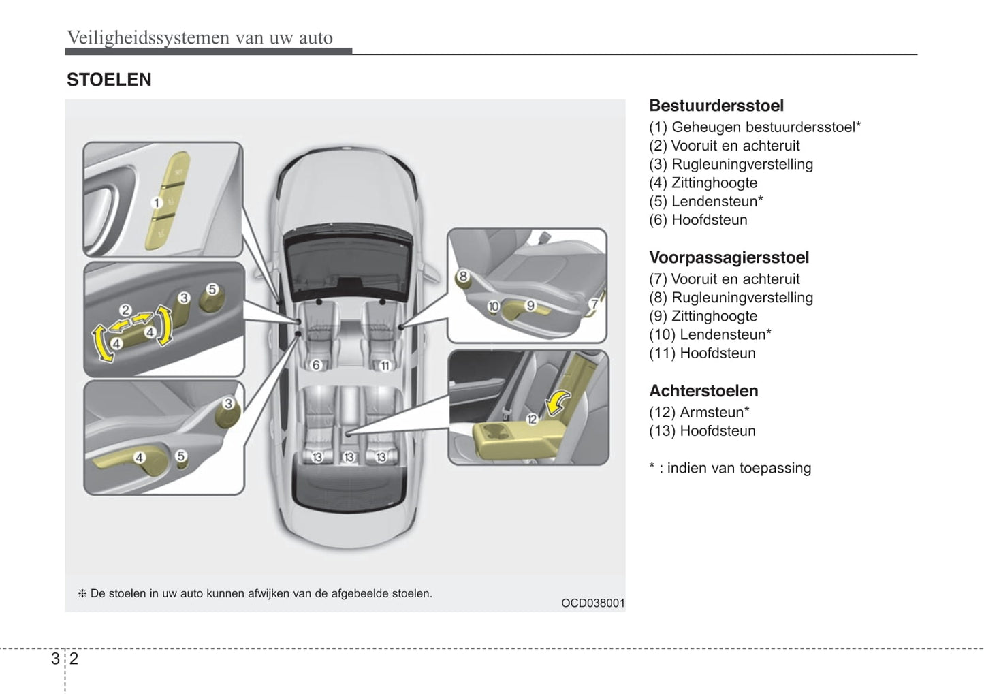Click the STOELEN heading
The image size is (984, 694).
point(109,80)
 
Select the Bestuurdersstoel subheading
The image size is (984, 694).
point(716,106)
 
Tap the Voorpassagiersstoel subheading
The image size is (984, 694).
point(729,257)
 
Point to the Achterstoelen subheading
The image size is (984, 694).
point(703,391)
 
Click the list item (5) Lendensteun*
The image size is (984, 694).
point(705,202)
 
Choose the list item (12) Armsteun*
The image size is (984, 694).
point(699,413)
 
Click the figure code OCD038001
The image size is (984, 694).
point(592,603)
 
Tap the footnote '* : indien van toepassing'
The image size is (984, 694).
point(730,468)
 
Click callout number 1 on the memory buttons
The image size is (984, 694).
point(156,202)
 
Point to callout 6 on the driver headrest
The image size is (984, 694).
point(316,365)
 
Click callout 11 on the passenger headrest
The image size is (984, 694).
point(385,366)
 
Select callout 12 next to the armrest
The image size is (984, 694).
point(532,420)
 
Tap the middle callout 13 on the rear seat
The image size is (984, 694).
point(349,457)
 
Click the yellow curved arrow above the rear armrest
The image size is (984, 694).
point(558,401)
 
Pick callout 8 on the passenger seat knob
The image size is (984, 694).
point(463,277)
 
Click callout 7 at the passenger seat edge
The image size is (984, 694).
point(594,304)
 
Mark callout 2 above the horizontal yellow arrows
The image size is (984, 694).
point(125,311)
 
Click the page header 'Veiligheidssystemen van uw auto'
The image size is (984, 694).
point(200,37)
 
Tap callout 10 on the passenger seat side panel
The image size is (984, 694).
point(493,306)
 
